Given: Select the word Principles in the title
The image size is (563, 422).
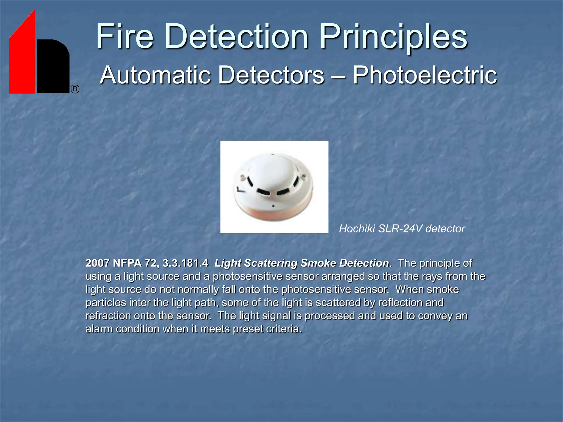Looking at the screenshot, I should click(393, 37).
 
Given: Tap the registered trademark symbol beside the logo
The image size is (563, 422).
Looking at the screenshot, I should click(75, 89).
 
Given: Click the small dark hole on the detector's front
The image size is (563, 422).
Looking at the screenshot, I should click(273, 206).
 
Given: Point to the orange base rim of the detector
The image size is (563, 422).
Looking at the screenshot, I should click(274, 216).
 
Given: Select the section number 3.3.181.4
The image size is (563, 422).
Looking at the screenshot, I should click(185, 263).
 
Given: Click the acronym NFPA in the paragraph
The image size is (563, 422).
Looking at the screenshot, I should click(127, 263).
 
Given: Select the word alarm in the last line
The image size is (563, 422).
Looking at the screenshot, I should click(99, 329).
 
